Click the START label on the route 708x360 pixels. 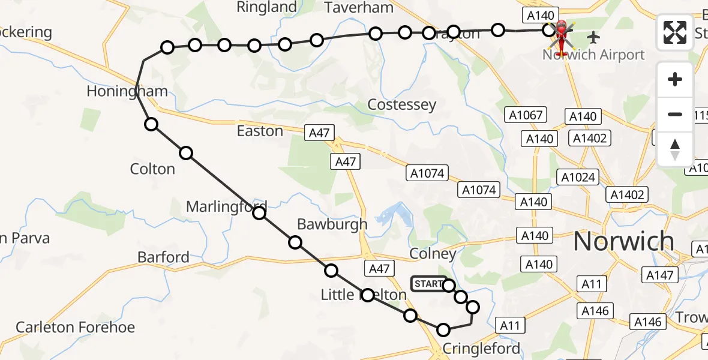428,284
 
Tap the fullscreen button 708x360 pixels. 675,32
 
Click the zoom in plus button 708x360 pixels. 675,79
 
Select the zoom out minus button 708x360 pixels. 675,114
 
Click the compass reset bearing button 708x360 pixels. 675,149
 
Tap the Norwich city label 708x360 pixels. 624,241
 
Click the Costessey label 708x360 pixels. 401,105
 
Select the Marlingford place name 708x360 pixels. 226,207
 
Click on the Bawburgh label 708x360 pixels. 332,224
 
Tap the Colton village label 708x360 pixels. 152,169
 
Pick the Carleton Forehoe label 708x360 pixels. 75,327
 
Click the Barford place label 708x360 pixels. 163,257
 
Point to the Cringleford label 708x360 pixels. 481,349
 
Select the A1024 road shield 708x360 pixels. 577,177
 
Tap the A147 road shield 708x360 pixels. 661,275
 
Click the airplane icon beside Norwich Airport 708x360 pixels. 593,37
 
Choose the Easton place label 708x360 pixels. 260,131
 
